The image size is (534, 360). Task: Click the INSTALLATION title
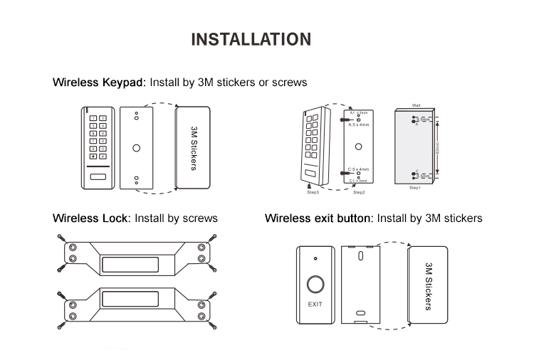(251, 39)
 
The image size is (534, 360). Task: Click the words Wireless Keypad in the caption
(99, 83)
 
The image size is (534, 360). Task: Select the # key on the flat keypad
(103, 156)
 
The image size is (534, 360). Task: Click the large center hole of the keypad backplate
(136, 149)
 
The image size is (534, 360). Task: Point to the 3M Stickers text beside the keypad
(193, 149)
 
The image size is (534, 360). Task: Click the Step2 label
(358, 193)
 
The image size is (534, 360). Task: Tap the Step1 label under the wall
(415, 188)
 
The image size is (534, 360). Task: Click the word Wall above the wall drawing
(417, 105)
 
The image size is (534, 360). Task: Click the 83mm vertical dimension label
(437, 148)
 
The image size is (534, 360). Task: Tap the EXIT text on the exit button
(315, 305)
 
